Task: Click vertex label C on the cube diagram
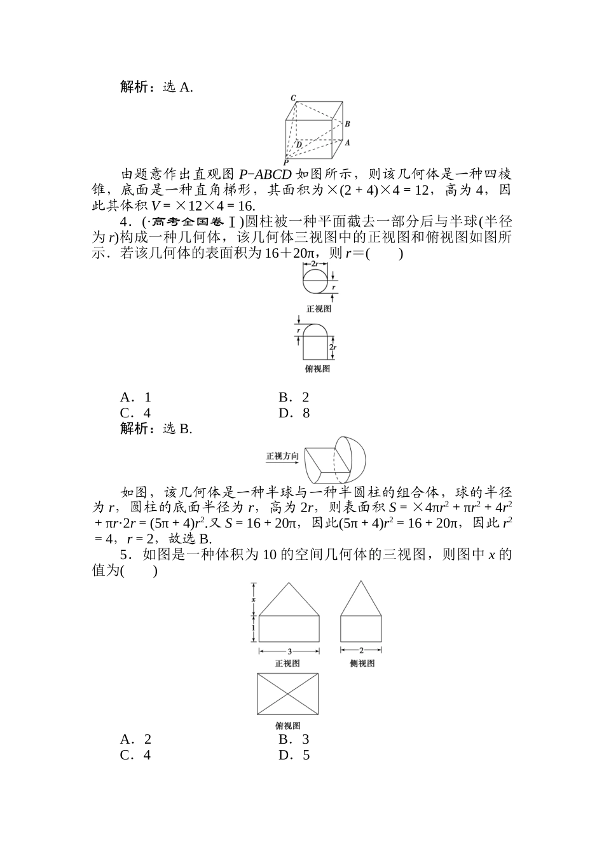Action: click(x=293, y=98)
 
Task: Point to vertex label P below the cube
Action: click(x=286, y=163)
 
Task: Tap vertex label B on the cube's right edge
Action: click(x=347, y=124)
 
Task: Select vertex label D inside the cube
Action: click(x=299, y=144)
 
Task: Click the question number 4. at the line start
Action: click(x=126, y=222)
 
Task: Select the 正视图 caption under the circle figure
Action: click(x=319, y=309)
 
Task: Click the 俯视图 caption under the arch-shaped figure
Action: click(x=317, y=369)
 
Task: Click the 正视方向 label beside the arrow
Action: click(x=282, y=456)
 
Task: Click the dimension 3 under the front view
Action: click(x=289, y=651)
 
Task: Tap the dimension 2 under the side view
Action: click(x=361, y=650)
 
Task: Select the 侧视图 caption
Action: click(x=362, y=663)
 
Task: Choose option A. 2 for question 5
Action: click(x=135, y=739)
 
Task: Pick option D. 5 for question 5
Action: click(x=294, y=755)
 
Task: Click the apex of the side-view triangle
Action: click(x=361, y=581)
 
